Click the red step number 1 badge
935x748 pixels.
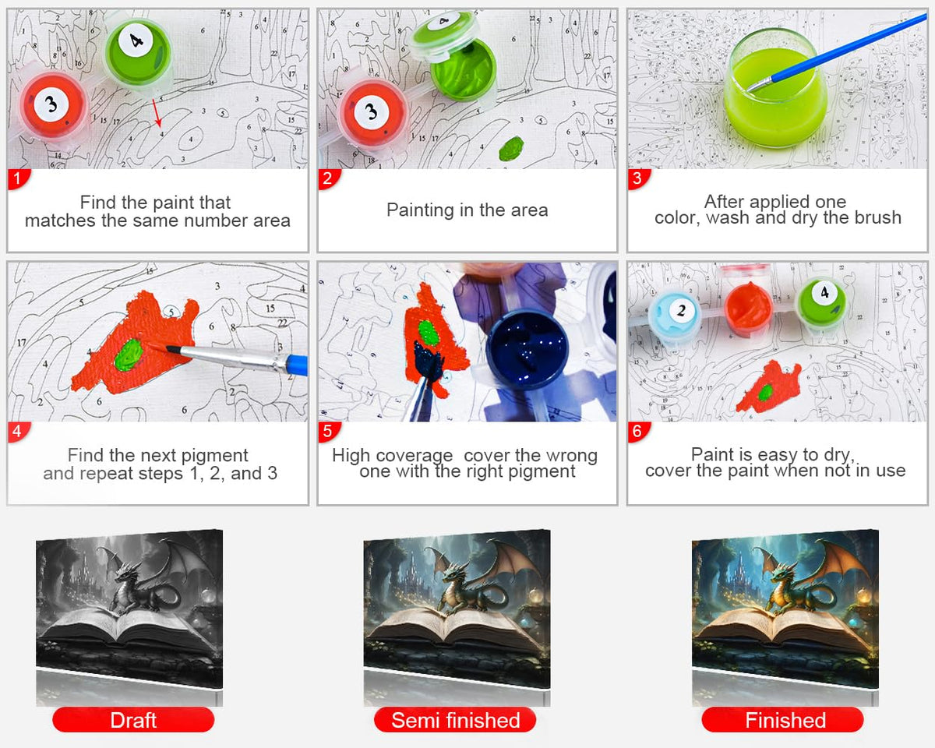coord(18,179)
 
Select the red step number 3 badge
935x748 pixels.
coord(638,179)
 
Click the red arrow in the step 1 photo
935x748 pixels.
coord(157,113)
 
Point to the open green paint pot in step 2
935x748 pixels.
coord(463,70)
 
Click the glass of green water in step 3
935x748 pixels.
coord(775,88)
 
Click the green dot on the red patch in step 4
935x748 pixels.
coord(129,355)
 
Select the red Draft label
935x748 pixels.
coord(133,720)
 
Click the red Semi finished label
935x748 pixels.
coord(455,720)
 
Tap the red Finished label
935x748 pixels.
coord(782,720)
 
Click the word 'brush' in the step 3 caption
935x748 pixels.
coord(878,217)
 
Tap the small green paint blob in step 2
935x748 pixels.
coord(511,148)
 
